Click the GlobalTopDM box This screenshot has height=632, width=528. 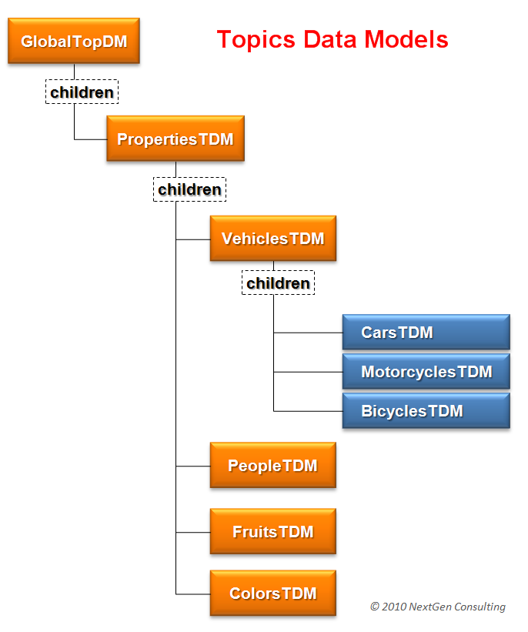[74, 42]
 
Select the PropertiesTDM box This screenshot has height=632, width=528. [175, 139]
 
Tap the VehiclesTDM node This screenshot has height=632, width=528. [273, 239]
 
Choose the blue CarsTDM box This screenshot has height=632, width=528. [426, 333]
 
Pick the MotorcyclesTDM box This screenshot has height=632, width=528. [426, 372]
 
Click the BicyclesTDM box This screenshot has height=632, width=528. [426, 411]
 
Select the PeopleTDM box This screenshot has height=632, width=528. [272, 465]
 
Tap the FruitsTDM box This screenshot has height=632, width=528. [272, 532]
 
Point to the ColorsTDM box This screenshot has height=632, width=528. [272, 594]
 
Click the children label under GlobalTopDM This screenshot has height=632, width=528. [82, 92]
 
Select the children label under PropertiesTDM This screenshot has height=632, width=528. [189, 189]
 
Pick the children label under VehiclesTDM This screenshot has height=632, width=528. [278, 283]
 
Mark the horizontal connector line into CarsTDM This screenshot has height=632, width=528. [308, 333]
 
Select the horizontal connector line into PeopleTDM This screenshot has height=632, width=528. [192, 466]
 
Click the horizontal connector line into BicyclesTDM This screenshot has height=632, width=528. [308, 411]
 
